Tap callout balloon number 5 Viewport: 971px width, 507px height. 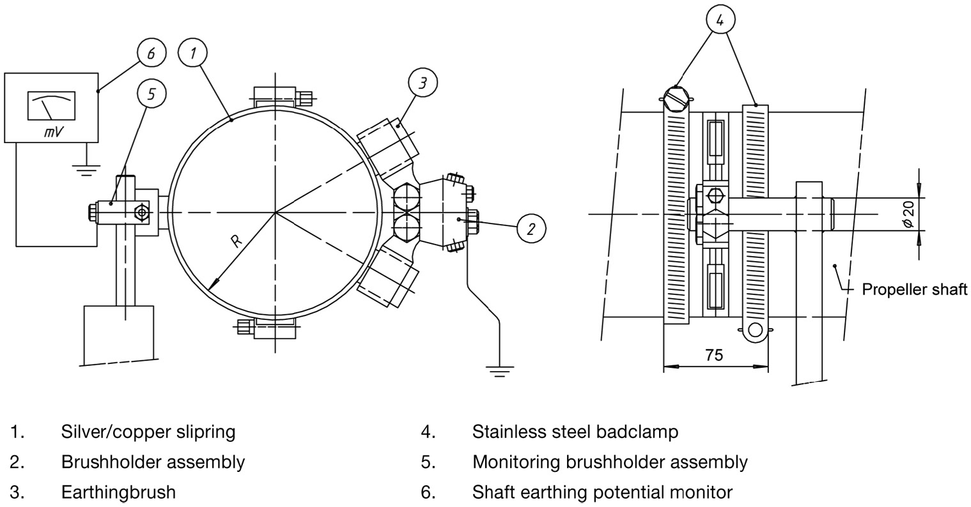click(151, 95)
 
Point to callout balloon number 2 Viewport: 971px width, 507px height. click(531, 228)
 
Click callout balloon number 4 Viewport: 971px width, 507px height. click(720, 20)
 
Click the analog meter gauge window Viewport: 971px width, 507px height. click(51, 105)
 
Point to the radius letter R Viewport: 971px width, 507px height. click(236, 241)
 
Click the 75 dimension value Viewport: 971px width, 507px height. click(715, 355)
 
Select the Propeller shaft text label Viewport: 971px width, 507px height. click(914, 289)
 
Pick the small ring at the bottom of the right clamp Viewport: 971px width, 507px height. click(756, 329)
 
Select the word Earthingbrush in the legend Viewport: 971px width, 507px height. click(118, 492)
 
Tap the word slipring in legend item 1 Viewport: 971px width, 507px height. click(205, 432)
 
